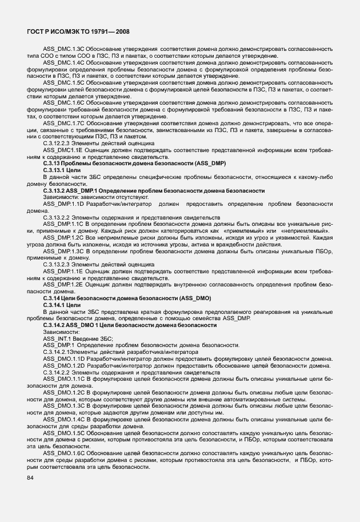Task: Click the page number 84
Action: click(30, 477)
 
